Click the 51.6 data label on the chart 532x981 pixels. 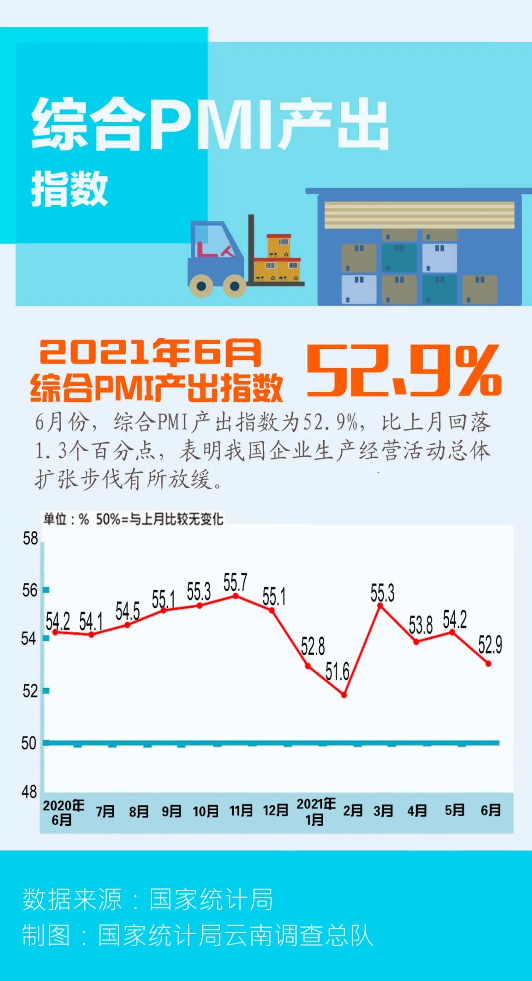point(337,671)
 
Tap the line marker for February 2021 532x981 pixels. point(344,695)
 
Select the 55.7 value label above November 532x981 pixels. point(235,582)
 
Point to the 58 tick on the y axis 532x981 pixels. point(30,538)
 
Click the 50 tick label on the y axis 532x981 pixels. point(29,743)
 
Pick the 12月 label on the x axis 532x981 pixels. point(275,810)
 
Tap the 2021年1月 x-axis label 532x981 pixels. point(316,811)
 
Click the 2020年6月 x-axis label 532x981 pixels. point(63,812)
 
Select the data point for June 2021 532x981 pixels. point(488,664)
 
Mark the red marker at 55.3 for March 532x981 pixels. point(380,605)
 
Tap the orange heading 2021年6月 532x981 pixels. point(150,352)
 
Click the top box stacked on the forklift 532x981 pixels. point(279,245)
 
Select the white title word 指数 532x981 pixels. point(69,189)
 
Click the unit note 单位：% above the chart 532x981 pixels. point(66,519)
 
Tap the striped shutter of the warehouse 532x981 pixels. point(419,215)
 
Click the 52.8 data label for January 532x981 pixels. point(313,646)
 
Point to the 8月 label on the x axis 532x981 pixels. point(138,811)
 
